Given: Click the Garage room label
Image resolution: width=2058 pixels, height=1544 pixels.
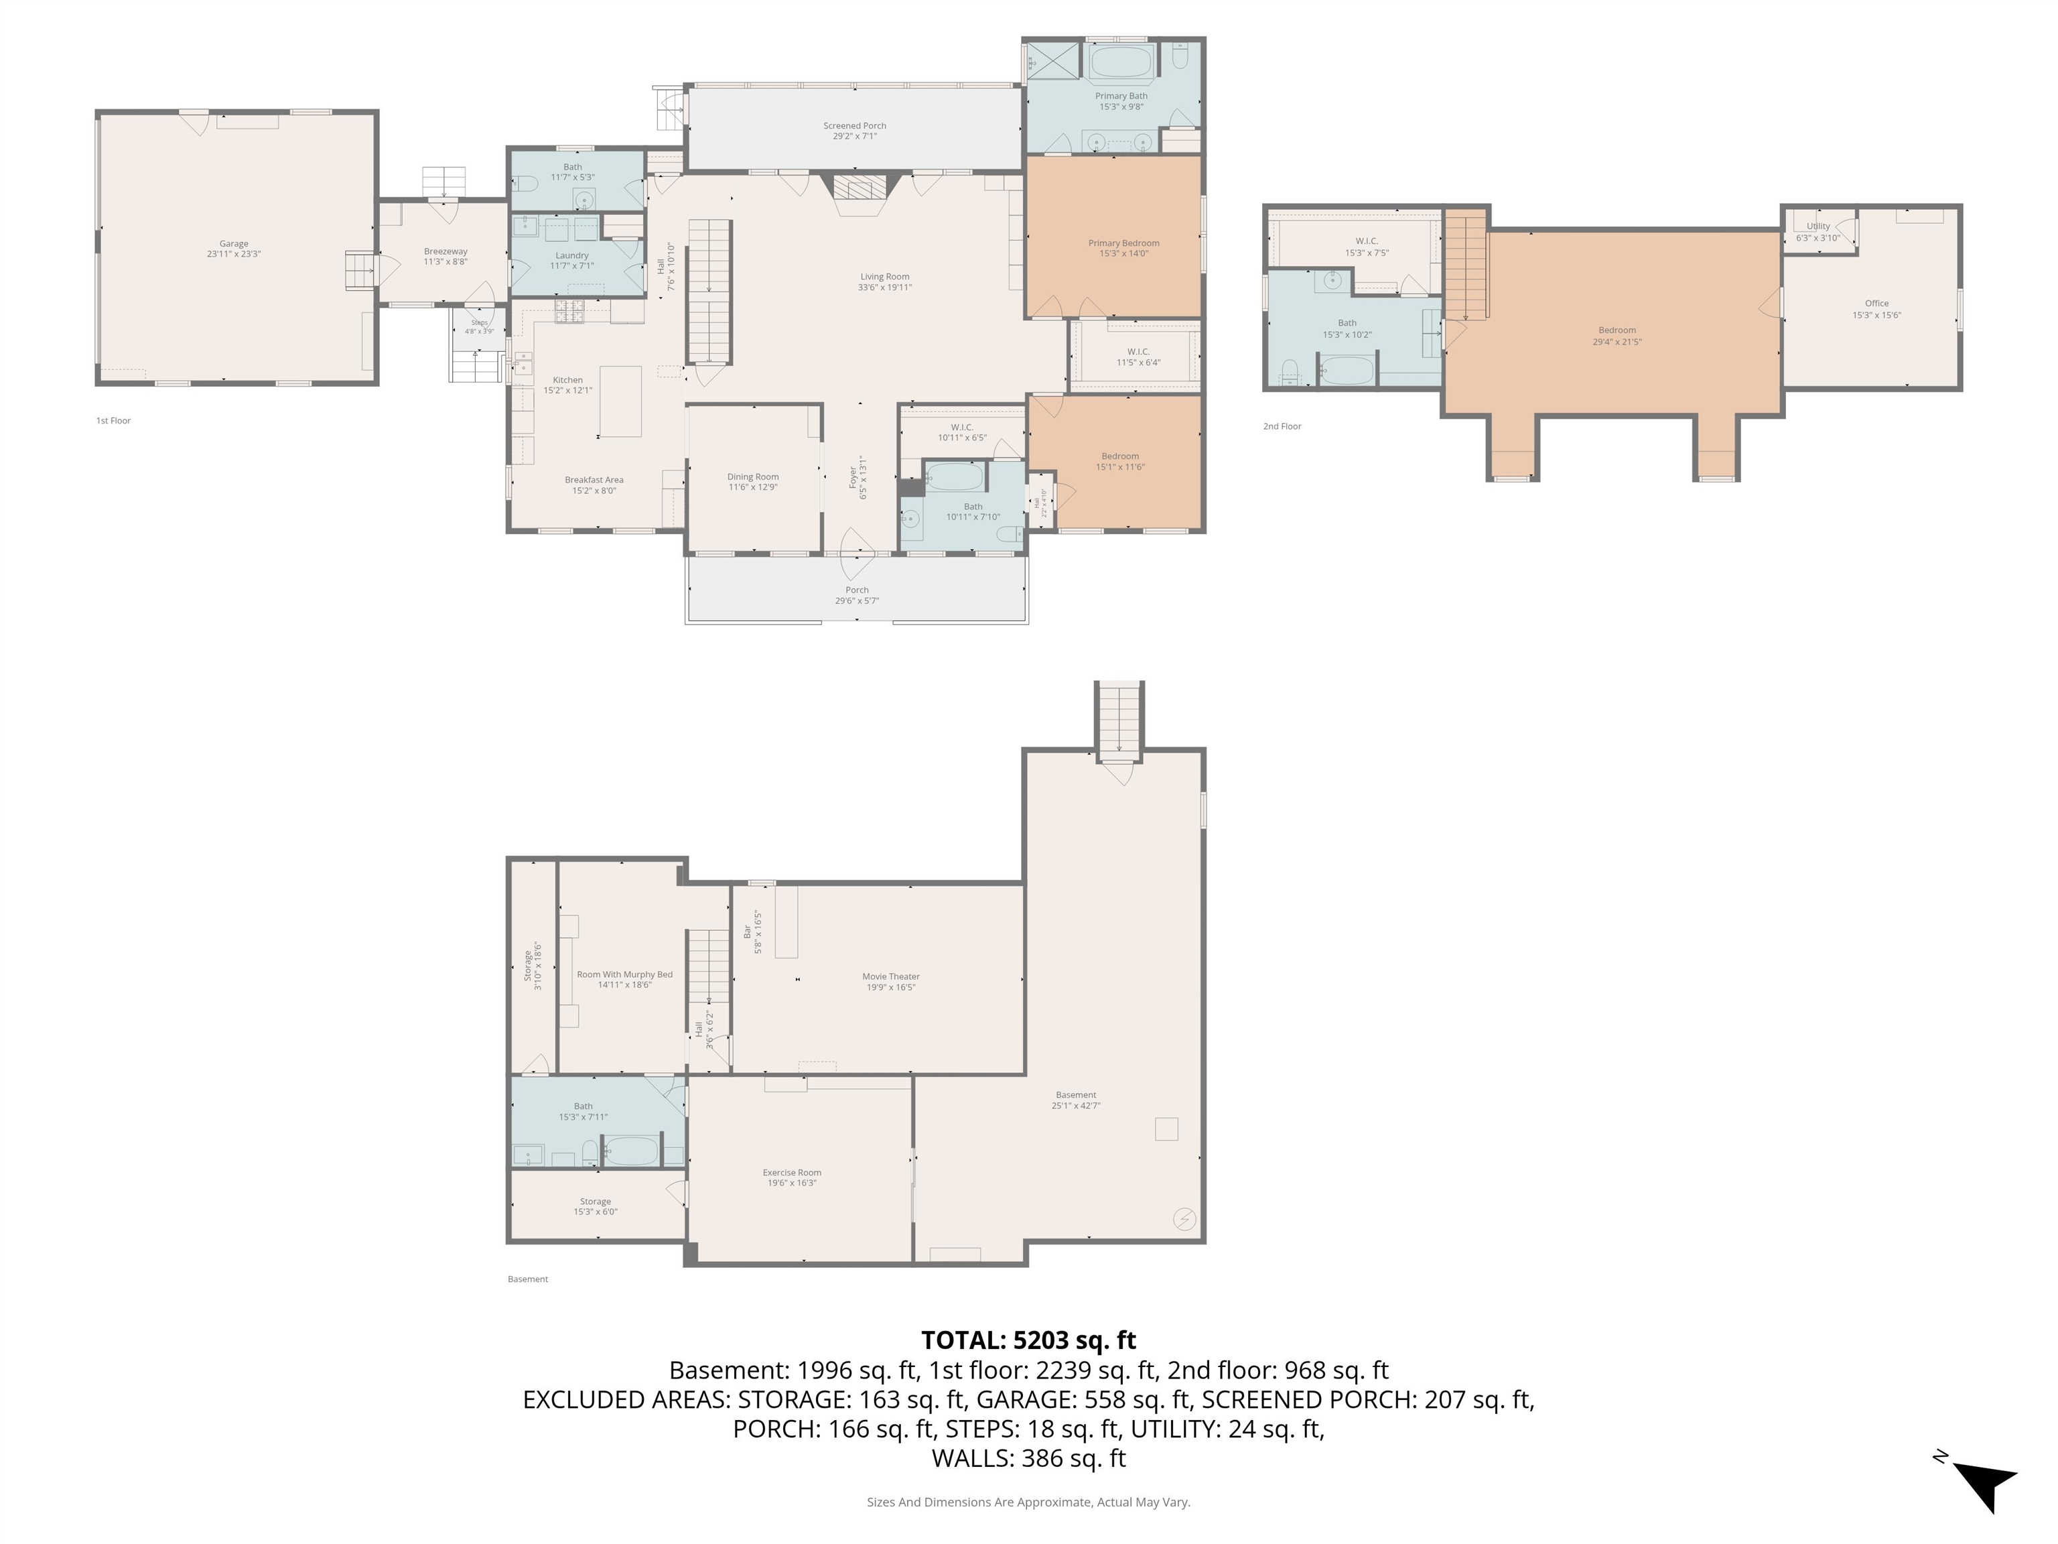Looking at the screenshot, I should point(234,249).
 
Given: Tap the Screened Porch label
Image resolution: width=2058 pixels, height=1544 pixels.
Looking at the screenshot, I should point(854,130).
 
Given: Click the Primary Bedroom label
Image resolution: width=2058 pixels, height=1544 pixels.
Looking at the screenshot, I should point(1123,247).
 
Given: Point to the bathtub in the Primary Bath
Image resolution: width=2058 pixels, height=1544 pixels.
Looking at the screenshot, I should point(1120,63).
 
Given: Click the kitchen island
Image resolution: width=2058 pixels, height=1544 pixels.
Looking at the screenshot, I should point(620,401).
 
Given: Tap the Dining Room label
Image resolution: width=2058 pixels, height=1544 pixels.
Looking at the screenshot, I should point(753,481).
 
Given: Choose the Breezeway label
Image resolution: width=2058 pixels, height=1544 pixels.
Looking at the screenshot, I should point(445,256).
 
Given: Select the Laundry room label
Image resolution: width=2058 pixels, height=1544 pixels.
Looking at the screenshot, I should point(571,259).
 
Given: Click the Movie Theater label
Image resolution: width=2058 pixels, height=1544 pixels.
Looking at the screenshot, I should point(890,981).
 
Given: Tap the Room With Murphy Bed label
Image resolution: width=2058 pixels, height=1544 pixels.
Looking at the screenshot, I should point(624,979).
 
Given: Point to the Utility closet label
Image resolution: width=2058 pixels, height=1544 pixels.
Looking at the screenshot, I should point(1817,231).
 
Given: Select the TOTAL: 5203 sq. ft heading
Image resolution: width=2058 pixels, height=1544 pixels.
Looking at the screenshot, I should point(1028,1340).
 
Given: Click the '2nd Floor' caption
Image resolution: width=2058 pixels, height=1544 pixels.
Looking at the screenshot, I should point(1281,426).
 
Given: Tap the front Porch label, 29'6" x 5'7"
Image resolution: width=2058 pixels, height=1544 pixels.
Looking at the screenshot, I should point(856,594).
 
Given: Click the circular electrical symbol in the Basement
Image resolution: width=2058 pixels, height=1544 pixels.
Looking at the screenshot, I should point(1184,1219).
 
